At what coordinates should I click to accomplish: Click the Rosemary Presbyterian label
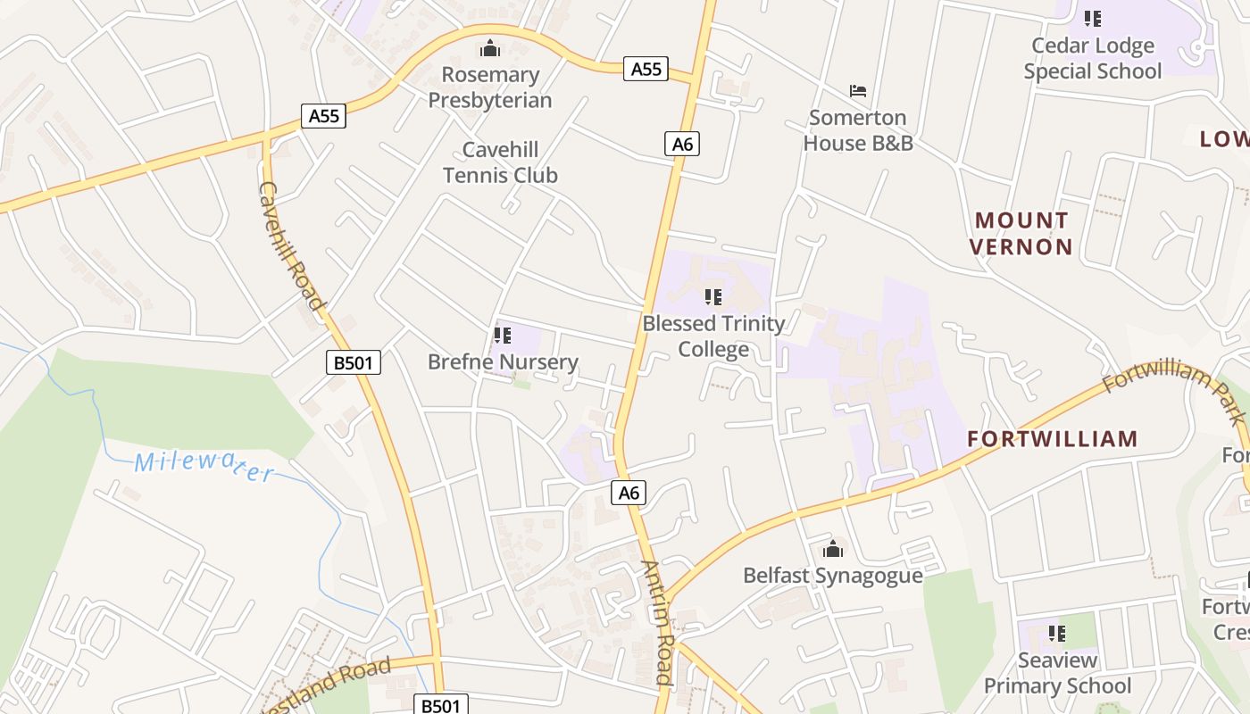pyautogui.click(x=490, y=87)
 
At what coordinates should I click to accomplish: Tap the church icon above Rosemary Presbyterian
pyautogui.click(x=490, y=48)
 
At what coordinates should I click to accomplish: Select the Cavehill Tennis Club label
pyautogui.click(x=500, y=162)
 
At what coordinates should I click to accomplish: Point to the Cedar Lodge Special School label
pyautogui.click(x=1093, y=58)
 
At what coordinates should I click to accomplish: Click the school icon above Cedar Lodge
pyautogui.click(x=1093, y=19)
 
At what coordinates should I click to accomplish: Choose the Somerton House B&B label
pyautogui.click(x=858, y=130)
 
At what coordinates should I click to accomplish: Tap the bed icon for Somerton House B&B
pyautogui.click(x=858, y=91)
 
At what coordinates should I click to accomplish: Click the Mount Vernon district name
pyautogui.click(x=1021, y=233)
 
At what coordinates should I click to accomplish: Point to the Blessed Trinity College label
pyautogui.click(x=713, y=336)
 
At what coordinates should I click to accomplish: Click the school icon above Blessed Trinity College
pyautogui.click(x=712, y=296)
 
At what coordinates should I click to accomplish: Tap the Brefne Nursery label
pyautogui.click(x=503, y=361)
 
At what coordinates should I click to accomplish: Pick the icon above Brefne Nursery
pyautogui.click(x=503, y=336)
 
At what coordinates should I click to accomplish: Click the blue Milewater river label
pyautogui.click(x=204, y=466)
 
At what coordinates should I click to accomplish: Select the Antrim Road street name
pyautogui.click(x=657, y=622)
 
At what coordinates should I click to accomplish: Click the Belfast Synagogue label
pyautogui.click(x=833, y=575)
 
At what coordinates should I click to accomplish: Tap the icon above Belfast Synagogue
pyautogui.click(x=833, y=549)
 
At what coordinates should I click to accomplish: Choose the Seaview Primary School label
pyautogui.click(x=1057, y=673)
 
